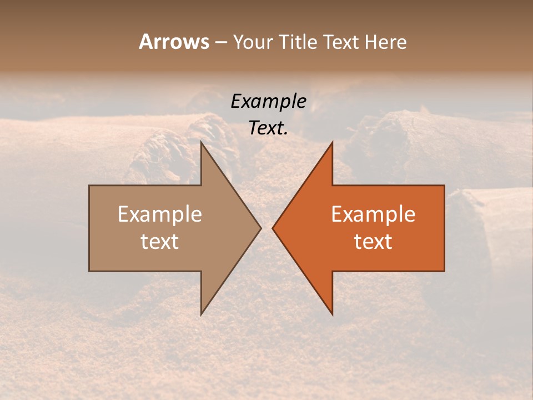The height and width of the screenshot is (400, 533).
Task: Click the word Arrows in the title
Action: pos(174,42)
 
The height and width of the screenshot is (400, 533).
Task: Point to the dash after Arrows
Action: pos(220,42)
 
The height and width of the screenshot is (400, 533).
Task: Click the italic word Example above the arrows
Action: pos(268,101)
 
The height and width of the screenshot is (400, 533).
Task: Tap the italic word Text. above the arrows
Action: pos(268,128)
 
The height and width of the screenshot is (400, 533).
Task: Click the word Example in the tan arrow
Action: pos(160,214)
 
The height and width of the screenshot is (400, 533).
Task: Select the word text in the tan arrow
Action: pos(160,241)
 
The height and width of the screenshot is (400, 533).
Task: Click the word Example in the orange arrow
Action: pos(373,214)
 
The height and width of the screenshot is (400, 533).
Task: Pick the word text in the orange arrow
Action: pos(373,241)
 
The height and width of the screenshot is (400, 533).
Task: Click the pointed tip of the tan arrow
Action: pos(261,228)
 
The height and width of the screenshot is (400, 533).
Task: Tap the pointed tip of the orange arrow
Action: pos(273,228)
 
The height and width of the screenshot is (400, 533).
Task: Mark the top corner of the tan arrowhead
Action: pos(202,142)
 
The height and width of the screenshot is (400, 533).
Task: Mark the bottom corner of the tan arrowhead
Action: pos(202,314)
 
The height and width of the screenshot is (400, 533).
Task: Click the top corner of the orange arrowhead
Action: pos(332,142)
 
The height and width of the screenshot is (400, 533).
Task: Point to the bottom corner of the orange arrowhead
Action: pos(332,314)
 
